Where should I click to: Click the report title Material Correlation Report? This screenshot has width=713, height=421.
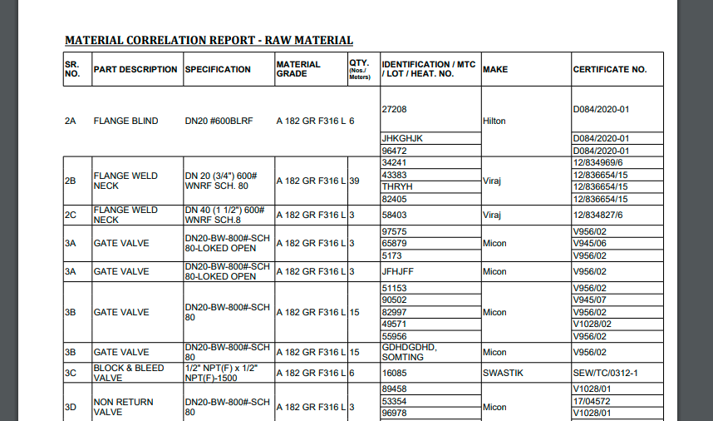[209, 40]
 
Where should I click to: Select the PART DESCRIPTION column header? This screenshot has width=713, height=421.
[135, 69]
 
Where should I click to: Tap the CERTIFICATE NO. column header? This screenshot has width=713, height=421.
[609, 69]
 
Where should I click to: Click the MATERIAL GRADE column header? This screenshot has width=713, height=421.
[298, 69]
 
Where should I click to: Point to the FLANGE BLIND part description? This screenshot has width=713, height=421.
[125, 121]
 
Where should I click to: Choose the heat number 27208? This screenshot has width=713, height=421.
[394, 109]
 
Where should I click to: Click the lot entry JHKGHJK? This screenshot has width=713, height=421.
[402, 138]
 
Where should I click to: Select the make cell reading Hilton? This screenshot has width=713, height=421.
[494, 121]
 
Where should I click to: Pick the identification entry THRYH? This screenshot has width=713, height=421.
[396, 187]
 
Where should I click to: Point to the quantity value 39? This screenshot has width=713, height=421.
[355, 181]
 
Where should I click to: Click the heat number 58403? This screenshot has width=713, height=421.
[394, 215]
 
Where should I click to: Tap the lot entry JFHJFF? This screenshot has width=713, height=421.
[398, 271]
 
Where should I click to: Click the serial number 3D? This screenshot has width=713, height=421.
[71, 407]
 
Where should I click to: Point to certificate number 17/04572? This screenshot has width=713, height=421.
[593, 401]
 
